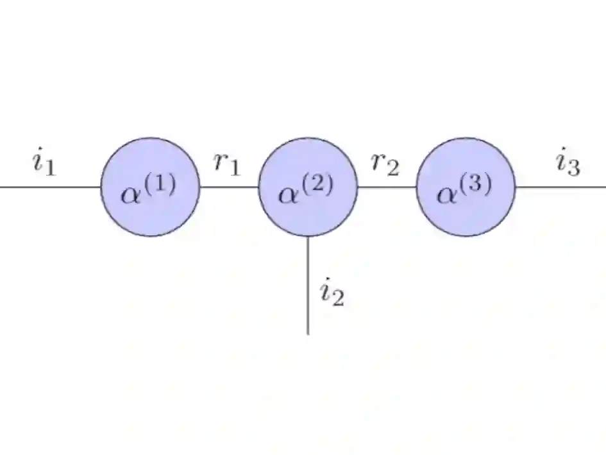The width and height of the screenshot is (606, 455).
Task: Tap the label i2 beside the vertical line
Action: (332, 293)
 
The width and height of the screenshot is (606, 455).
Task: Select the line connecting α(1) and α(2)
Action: (229, 187)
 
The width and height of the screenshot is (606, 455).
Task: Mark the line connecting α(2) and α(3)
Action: (387, 187)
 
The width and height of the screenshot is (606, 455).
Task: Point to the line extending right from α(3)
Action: (560, 187)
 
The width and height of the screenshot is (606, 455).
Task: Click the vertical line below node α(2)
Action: (308, 286)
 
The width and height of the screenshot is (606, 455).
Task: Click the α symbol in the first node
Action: (131, 194)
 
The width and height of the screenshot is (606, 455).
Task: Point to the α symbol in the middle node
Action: (289, 194)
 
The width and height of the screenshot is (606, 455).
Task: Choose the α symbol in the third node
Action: (446, 194)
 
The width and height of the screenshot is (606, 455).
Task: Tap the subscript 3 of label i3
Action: (575, 168)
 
